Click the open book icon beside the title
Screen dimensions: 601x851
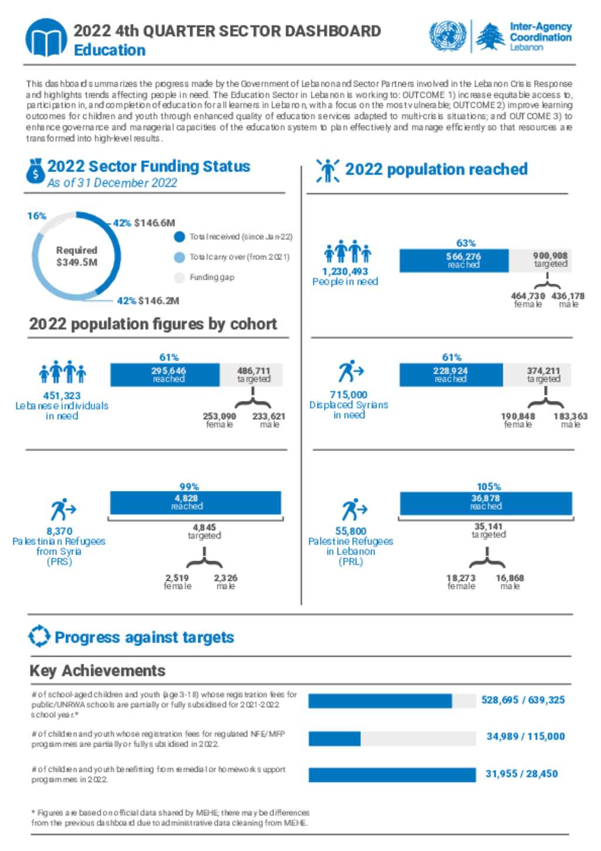[x=46, y=38]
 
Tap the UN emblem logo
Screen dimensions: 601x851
[x=448, y=36]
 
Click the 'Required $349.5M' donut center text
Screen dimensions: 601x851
[x=77, y=257]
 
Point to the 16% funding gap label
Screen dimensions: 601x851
[x=36, y=216]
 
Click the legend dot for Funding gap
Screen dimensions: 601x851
[x=179, y=277]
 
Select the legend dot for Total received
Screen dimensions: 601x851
[x=179, y=237]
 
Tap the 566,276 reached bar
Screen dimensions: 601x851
[x=454, y=261]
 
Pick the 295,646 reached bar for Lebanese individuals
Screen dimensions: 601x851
[x=165, y=375]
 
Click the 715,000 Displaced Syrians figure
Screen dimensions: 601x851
[x=349, y=394]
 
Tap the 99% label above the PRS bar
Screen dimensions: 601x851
[x=189, y=486]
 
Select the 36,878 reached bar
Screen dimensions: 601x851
[x=486, y=503]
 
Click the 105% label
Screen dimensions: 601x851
[x=489, y=486]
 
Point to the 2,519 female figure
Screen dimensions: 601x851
[x=177, y=578]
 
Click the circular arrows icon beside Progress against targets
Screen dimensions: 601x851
[x=39, y=636]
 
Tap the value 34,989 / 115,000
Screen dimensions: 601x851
[x=525, y=736]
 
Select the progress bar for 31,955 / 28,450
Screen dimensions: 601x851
[x=392, y=775]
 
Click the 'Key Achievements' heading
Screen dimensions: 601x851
[x=97, y=671]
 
